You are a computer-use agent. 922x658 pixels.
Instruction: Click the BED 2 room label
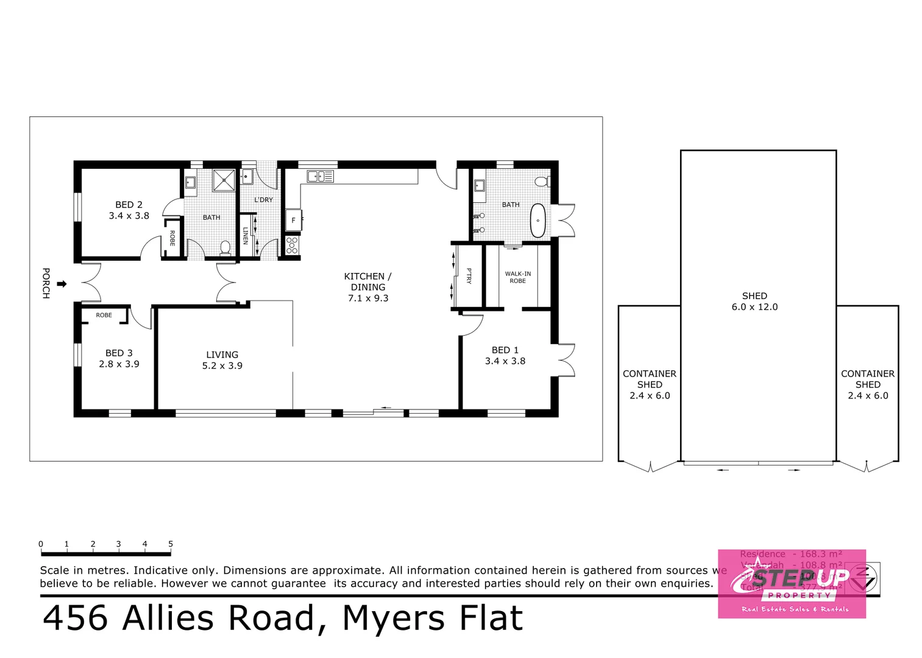tap(129, 210)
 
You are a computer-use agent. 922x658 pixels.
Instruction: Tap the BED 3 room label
tap(119, 358)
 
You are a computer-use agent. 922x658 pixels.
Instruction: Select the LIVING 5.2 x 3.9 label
tap(222, 360)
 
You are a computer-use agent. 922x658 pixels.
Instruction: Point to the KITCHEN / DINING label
tap(367, 287)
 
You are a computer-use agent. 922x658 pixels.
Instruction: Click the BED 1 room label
tap(505, 355)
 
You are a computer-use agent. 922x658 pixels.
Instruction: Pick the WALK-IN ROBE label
tap(517, 277)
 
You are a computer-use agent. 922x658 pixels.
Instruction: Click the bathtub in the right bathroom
tap(537, 221)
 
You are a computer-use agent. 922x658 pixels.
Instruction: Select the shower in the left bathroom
tap(224, 180)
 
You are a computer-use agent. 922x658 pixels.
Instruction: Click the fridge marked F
tap(293, 220)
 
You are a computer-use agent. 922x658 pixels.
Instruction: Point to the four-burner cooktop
tap(292, 245)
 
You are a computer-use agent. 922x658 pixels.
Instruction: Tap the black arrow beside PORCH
tap(62, 284)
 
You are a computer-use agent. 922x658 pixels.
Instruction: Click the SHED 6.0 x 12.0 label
tap(754, 301)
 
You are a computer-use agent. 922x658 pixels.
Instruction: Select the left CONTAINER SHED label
tap(650, 384)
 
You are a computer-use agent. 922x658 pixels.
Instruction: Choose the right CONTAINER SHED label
tap(868, 384)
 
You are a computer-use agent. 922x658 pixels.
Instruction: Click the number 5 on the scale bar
tap(171, 544)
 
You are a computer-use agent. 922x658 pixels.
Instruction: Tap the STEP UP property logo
tap(792, 584)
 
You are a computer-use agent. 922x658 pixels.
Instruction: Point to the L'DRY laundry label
tap(263, 200)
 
